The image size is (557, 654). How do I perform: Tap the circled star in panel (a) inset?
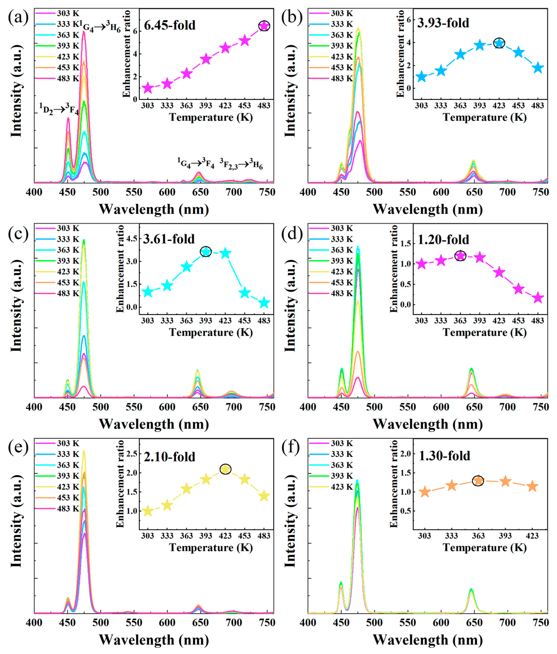point(264,26)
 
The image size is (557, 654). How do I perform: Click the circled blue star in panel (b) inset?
point(499,43)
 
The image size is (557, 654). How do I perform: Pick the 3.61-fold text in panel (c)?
point(169,239)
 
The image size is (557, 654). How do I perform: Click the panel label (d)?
point(292,234)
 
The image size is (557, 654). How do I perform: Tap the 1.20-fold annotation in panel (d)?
point(443,240)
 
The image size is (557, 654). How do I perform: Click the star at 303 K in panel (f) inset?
point(425,492)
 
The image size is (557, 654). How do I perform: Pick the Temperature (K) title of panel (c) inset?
point(211,332)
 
